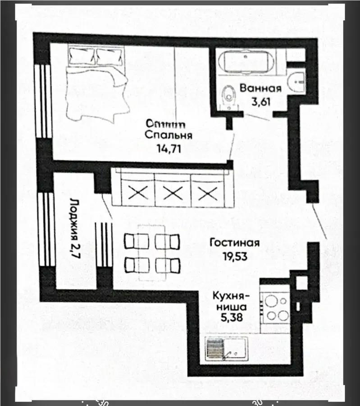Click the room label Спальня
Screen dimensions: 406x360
click(x=169, y=135)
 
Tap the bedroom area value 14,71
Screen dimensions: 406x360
click(x=169, y=148)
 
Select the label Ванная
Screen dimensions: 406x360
click(x=260, y=88)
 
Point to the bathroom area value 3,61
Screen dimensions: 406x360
click(x=260, y=101)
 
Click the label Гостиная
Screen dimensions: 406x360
click(x=234, y=243)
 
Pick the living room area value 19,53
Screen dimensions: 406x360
click(x=234, y=256)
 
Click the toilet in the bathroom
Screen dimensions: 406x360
click(x=228, y=97)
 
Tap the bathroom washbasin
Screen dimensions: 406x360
click(x=297, y=81)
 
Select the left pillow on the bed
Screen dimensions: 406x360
click(x=82, y=56)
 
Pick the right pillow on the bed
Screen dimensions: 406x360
click(x=108, y=56)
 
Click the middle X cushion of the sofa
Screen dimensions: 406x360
click(x=171, y=193)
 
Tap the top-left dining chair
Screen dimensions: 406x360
click(x=135, y=241)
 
